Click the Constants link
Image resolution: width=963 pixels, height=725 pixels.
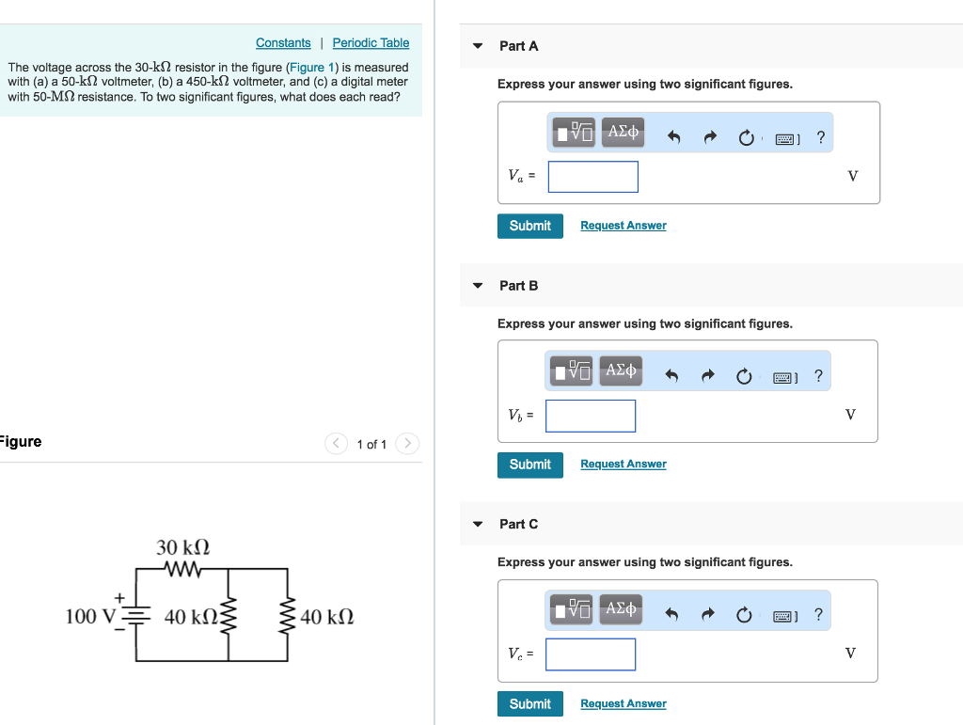(283, 43)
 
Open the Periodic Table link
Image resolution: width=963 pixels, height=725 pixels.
(371, 43)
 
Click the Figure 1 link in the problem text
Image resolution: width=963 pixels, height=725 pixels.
(307, 68)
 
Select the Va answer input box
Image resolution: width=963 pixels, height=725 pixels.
(592, 177)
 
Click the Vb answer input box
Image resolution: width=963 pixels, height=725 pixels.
(590, 416)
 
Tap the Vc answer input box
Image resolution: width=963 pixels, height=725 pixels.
(590, 654)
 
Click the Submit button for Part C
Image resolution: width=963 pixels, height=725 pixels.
(529, 703)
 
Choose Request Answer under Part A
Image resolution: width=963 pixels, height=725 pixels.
(623, 226)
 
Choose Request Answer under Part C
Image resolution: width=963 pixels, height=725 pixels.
(623, 703)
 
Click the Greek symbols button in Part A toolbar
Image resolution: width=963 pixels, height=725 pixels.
(623, 133)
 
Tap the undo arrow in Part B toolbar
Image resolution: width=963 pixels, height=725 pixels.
(671, 376)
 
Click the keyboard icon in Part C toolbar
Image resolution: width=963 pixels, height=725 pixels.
(784, 616)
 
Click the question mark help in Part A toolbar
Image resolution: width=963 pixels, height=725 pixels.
(821, 137)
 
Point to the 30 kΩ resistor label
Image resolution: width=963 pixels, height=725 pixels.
(182, 547)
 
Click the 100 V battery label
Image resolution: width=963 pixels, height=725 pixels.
(89, 617)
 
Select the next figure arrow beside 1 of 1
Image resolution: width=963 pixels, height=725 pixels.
(406, 443)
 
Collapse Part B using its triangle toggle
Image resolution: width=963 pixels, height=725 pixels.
(478, 285)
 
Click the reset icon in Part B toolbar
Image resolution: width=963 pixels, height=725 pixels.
(744, 376)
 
